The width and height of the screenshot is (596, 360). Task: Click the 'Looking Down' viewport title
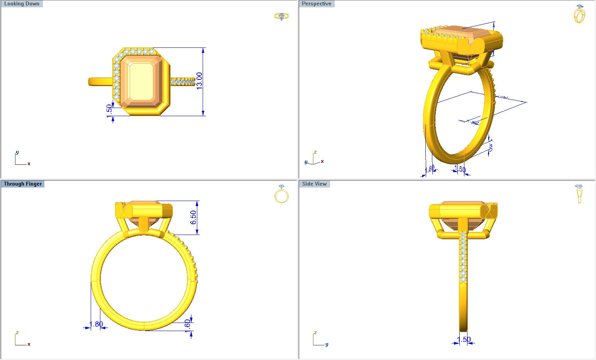point(22,4)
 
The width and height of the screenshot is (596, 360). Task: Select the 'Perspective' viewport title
point(317,4)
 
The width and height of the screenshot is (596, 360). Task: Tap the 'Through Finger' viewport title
point(23,184)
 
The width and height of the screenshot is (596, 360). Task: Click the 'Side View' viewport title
point(314,184)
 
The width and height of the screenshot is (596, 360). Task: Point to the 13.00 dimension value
point(199,81)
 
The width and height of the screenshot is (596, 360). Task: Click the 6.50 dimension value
point(193,217)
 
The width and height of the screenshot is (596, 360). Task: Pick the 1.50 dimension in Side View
point(464,340)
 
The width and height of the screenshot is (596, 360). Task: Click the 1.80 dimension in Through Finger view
point(96,324)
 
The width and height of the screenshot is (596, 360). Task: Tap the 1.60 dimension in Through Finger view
point(188,324)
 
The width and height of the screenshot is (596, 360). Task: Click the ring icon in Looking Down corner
point(281,16)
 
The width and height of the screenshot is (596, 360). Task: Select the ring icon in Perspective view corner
point(579,14)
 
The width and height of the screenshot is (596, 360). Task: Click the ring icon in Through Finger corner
point(281,194)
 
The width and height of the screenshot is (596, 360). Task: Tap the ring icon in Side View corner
point(579,194)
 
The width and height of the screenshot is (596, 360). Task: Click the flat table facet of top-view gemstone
point(142,81)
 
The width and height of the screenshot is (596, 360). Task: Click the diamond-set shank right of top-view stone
point(183,81)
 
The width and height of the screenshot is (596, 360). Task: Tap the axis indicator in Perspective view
point(313,159)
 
